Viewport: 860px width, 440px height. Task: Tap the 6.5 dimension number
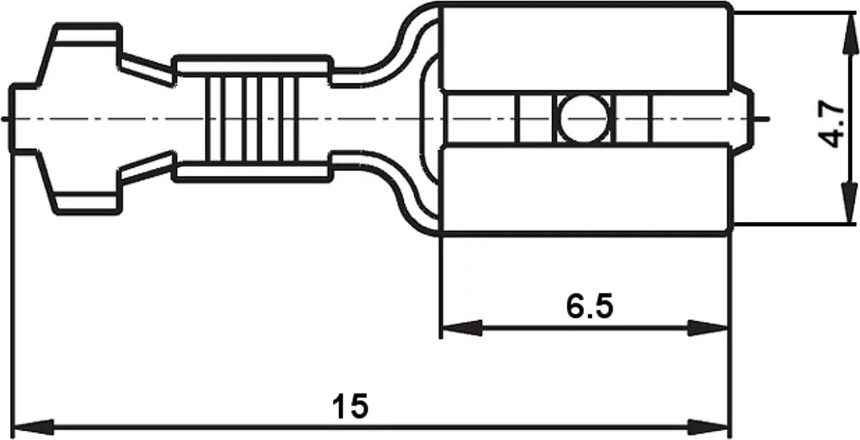590,307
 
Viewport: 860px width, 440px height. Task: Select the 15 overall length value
350,406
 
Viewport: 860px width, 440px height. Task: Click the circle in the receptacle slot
583,119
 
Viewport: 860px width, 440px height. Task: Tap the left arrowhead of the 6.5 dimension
462,328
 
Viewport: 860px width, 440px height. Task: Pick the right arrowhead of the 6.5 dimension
707,328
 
